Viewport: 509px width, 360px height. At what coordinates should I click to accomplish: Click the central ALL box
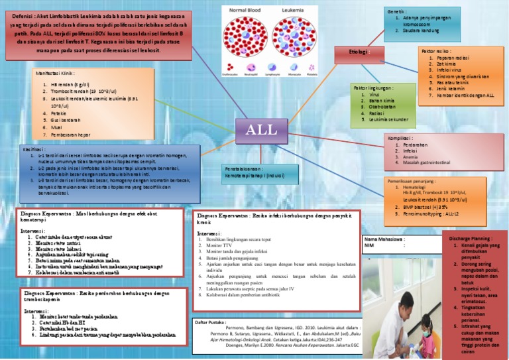[x=261, y=130]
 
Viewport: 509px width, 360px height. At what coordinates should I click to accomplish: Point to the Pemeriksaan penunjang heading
[x=415, y=180]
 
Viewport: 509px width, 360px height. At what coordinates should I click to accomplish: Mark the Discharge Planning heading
[x=473, y=237]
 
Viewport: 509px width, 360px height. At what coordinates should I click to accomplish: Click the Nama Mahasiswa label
[x=385, y=238]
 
